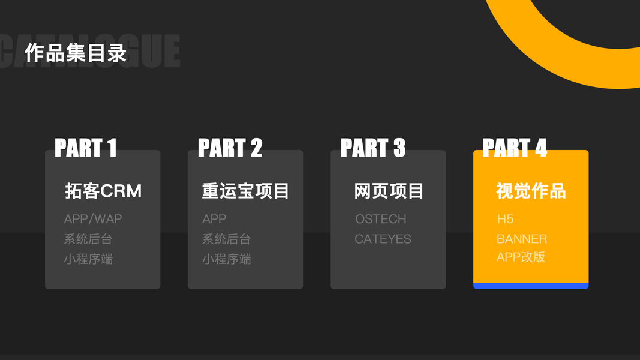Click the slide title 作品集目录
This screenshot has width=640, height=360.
(x=76, y=53)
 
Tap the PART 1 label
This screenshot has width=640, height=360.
(x=85, y=148)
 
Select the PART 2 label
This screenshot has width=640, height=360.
(x=230, y=148)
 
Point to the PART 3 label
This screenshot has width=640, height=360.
(x=372, y=148)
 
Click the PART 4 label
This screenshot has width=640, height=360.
(x=515, y=148)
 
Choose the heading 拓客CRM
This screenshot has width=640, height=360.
(x=103, y=191)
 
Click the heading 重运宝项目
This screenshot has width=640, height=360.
(x=245, y=191)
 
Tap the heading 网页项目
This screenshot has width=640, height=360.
(x=389, y=191)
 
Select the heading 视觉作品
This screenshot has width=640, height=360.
(x=531, y=191)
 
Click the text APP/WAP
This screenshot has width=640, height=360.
(x=93, y=219)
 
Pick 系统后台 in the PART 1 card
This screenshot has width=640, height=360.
(x=88, y=239)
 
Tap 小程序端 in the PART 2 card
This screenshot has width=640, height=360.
(x=226, y=259)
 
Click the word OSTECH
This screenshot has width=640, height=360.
(x=380, y=219)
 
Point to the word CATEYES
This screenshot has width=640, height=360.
(x=383, y=239)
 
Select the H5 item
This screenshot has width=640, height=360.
(x=505, y=219)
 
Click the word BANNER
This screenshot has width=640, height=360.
(x=521, y=239)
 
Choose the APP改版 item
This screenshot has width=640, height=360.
(x=521, y=257)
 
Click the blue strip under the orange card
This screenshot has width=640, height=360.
(x=531, y=286)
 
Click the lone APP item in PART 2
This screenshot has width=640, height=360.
(x=214, y=219)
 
